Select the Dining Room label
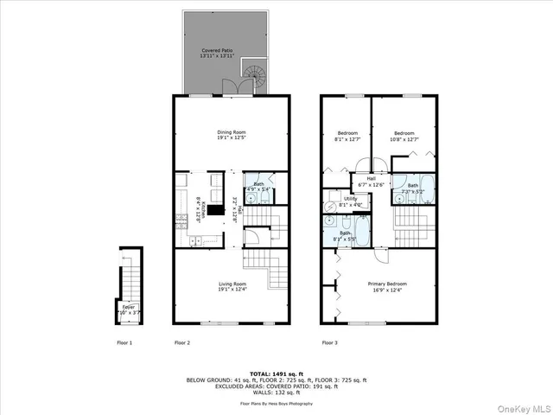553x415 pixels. tap(231, 135)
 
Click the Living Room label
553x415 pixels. tap(231, 286)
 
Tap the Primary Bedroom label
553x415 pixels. tap(386, 286)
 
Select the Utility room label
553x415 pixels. tap(350, 201)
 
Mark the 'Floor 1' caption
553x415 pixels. tap(124, 343)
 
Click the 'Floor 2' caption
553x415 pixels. tap(181, 343)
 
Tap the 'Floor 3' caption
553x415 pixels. tap(329, 343)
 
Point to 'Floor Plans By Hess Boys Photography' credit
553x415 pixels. tap(276, 403)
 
